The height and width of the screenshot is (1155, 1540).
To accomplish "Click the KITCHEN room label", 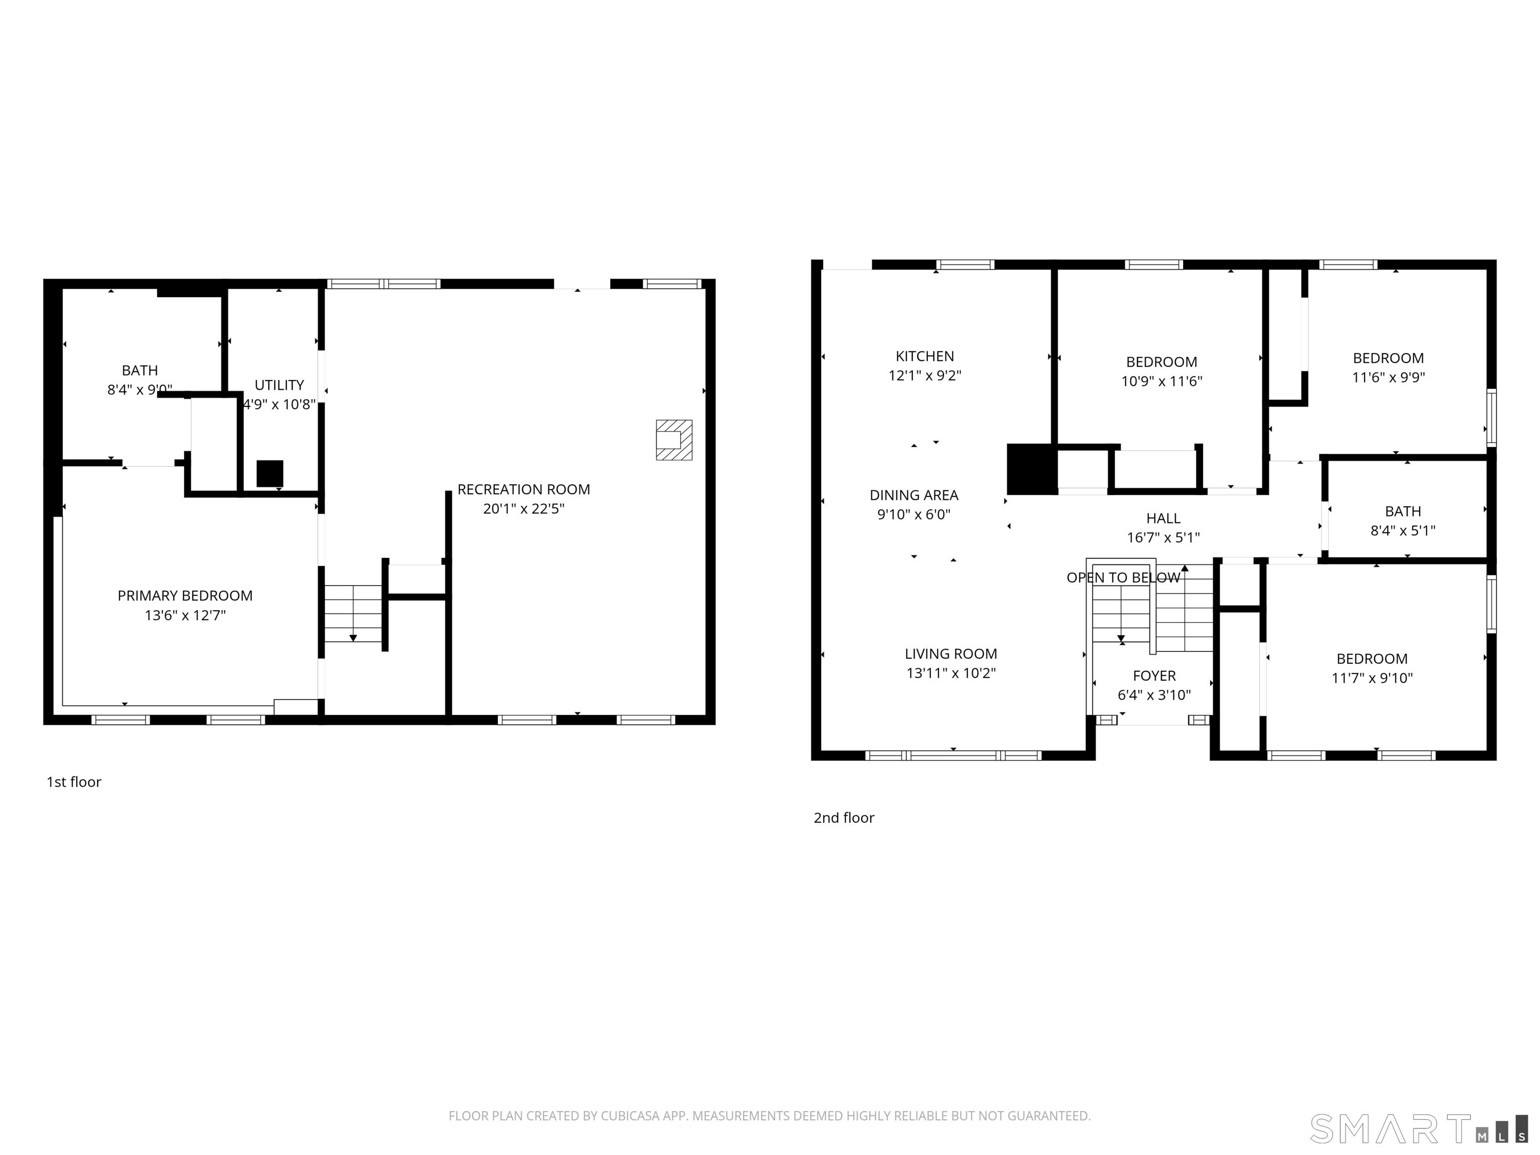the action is coord(924,356).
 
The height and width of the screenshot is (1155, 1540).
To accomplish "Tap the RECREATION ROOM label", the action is coord(523,489).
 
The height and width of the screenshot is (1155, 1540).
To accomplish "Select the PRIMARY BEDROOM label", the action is coord(185,596).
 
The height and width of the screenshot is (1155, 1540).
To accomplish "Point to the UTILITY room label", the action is coord(279,385).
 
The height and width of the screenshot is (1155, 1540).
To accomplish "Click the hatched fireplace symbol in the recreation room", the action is coord(674,440).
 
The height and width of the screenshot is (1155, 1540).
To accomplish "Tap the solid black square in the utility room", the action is coord(270,473).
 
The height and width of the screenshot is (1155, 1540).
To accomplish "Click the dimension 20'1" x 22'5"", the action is coord(523,509).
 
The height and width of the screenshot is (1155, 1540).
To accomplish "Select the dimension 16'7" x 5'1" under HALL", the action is coord(1164,537).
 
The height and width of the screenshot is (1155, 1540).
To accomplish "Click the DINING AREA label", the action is coord(914,496).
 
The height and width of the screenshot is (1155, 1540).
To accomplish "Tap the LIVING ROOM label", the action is coord(951,654).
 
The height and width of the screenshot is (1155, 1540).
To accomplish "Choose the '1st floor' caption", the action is coord(74,782).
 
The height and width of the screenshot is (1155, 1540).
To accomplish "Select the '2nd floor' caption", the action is coord(844,818).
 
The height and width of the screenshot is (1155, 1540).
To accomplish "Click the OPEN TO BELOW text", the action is coord(1123,578).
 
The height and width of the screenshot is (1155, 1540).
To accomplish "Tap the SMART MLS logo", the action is coord(1419,1128).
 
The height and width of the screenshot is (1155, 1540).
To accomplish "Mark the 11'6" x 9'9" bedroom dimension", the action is coord(1388,377).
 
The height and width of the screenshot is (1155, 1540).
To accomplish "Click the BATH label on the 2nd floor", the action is coord(1403,512).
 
